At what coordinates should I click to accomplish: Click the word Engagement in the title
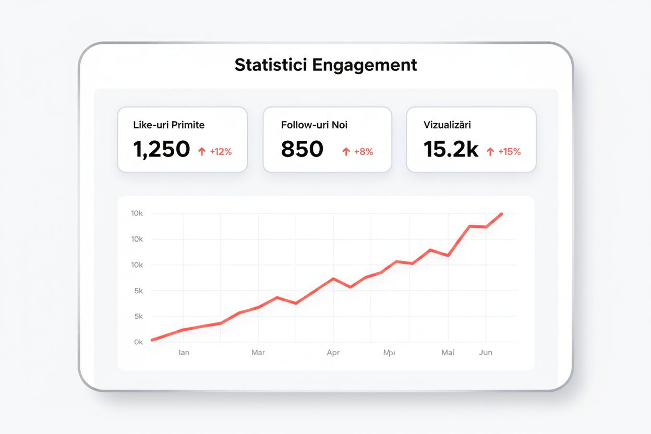[x=365, y=65]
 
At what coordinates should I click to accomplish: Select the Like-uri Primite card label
[x=169, y=125]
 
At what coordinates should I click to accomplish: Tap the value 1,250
[x=162, y=150]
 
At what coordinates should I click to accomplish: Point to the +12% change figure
[x=221, y=152]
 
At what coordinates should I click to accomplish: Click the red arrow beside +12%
[x=202, y=152]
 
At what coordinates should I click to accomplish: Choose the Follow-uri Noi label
[x=314, y=125]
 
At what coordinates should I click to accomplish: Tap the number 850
[x=302, y=150]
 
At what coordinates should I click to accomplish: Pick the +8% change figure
[x=364, y=152]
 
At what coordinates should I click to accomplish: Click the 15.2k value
[x=451, y=150]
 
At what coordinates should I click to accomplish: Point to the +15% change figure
[x=509, y=152]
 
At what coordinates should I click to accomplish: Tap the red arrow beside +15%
[x=490, y=152]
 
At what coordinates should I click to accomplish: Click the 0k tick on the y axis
[x=138, y=342]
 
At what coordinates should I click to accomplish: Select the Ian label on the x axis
[x=184, y=353]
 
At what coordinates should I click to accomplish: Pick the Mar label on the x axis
[x=258, y=353]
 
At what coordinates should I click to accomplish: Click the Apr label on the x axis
[x=333, y=353]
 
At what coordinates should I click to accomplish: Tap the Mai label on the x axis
[x=448, y=353]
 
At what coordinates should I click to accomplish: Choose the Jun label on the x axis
[x=486, y=353]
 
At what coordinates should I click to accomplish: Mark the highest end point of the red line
[x=501, y=214]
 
